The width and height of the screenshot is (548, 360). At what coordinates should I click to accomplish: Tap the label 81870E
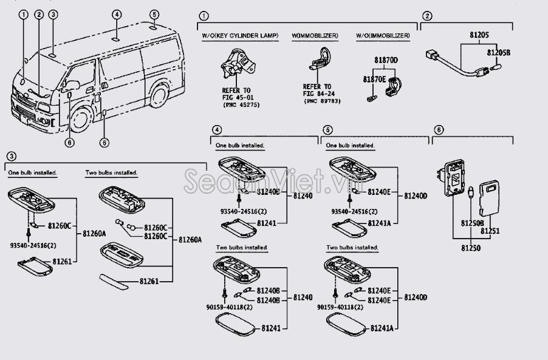click(x=374, y=79)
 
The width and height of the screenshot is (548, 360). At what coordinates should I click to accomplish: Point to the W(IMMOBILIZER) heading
click(x=315, y=36)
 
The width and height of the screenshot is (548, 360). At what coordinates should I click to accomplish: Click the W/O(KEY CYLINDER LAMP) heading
click(x=240, y=36)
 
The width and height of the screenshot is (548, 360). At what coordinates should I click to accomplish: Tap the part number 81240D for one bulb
click(x=416, y=195)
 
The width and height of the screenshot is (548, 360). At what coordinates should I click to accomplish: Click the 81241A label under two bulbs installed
click(x=382, y=328)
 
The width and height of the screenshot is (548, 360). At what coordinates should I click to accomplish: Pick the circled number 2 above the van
click(x=38, y=14)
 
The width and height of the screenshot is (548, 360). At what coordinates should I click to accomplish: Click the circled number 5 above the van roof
click(x=154, y=14)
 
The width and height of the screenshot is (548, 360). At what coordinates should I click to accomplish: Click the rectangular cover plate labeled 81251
click(x=491, y=200)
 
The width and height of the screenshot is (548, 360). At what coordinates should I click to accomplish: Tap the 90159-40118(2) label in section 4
click(x=229, y=308)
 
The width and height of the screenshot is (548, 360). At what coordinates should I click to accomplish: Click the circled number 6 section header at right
click(x=439, y=129)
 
